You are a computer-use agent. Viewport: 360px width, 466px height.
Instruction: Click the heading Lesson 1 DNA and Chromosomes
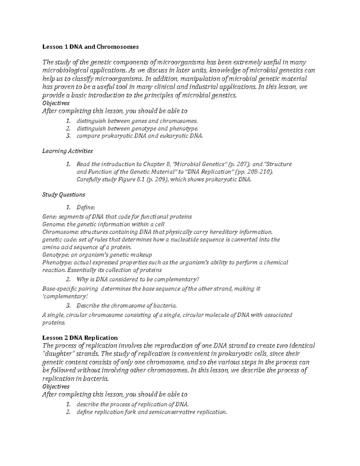[90, 47]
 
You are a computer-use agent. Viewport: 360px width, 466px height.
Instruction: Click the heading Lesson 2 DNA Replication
[80, 337]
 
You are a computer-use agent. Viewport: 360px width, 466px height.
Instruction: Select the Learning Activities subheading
[67, 151]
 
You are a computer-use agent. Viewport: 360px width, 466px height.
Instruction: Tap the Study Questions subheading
[64, 194]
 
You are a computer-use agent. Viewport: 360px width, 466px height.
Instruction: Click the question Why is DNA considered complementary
[138, 279]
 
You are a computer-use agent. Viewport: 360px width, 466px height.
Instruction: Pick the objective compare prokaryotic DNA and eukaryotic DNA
[140, 136]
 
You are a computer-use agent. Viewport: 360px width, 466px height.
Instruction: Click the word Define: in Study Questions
[85, 207]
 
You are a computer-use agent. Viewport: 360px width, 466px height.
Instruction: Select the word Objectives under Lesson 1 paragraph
[56, 103]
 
